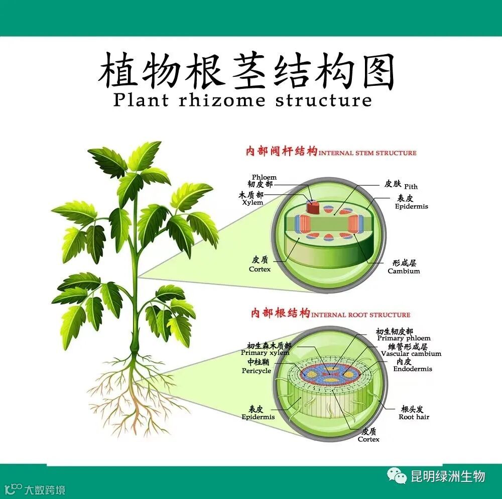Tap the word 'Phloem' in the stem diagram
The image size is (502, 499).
click(264, 177)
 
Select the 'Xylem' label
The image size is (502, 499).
click(253, 202)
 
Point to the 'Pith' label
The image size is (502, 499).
click(411, 186)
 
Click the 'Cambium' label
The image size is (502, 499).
click(404, 271)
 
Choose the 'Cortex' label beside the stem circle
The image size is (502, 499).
click(260, 269)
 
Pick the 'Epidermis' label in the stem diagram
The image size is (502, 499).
click(411, 206)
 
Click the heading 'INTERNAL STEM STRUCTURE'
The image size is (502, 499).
click(367, 153)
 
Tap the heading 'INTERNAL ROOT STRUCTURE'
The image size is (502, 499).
click(360, 315)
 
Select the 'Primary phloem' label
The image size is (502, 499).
click(404, 338)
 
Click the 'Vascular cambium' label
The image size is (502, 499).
click(411, 353)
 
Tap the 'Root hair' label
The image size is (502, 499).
click(414, 417)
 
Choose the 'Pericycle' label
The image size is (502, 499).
click(256, 371)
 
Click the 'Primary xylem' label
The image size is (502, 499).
click(265, 353)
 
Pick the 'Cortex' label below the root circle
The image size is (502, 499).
click(368, 439)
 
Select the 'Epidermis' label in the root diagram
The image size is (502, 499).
click(258, 417)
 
